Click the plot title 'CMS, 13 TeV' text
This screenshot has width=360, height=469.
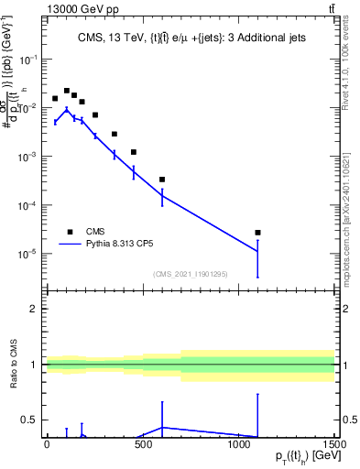tap(91, 38)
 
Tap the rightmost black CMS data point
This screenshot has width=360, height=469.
tap(257, 233)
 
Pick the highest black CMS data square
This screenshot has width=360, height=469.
tap(66, 91)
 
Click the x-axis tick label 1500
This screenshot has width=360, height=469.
tap(334, 445)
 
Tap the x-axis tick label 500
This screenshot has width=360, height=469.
tap(143, 445)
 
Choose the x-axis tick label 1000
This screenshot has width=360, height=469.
tap(238, 445)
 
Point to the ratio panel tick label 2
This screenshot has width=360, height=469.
tap(33, 309)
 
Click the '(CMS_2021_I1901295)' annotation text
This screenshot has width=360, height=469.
tap(189, 274)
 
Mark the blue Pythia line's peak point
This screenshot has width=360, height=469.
tap(66, 109)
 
